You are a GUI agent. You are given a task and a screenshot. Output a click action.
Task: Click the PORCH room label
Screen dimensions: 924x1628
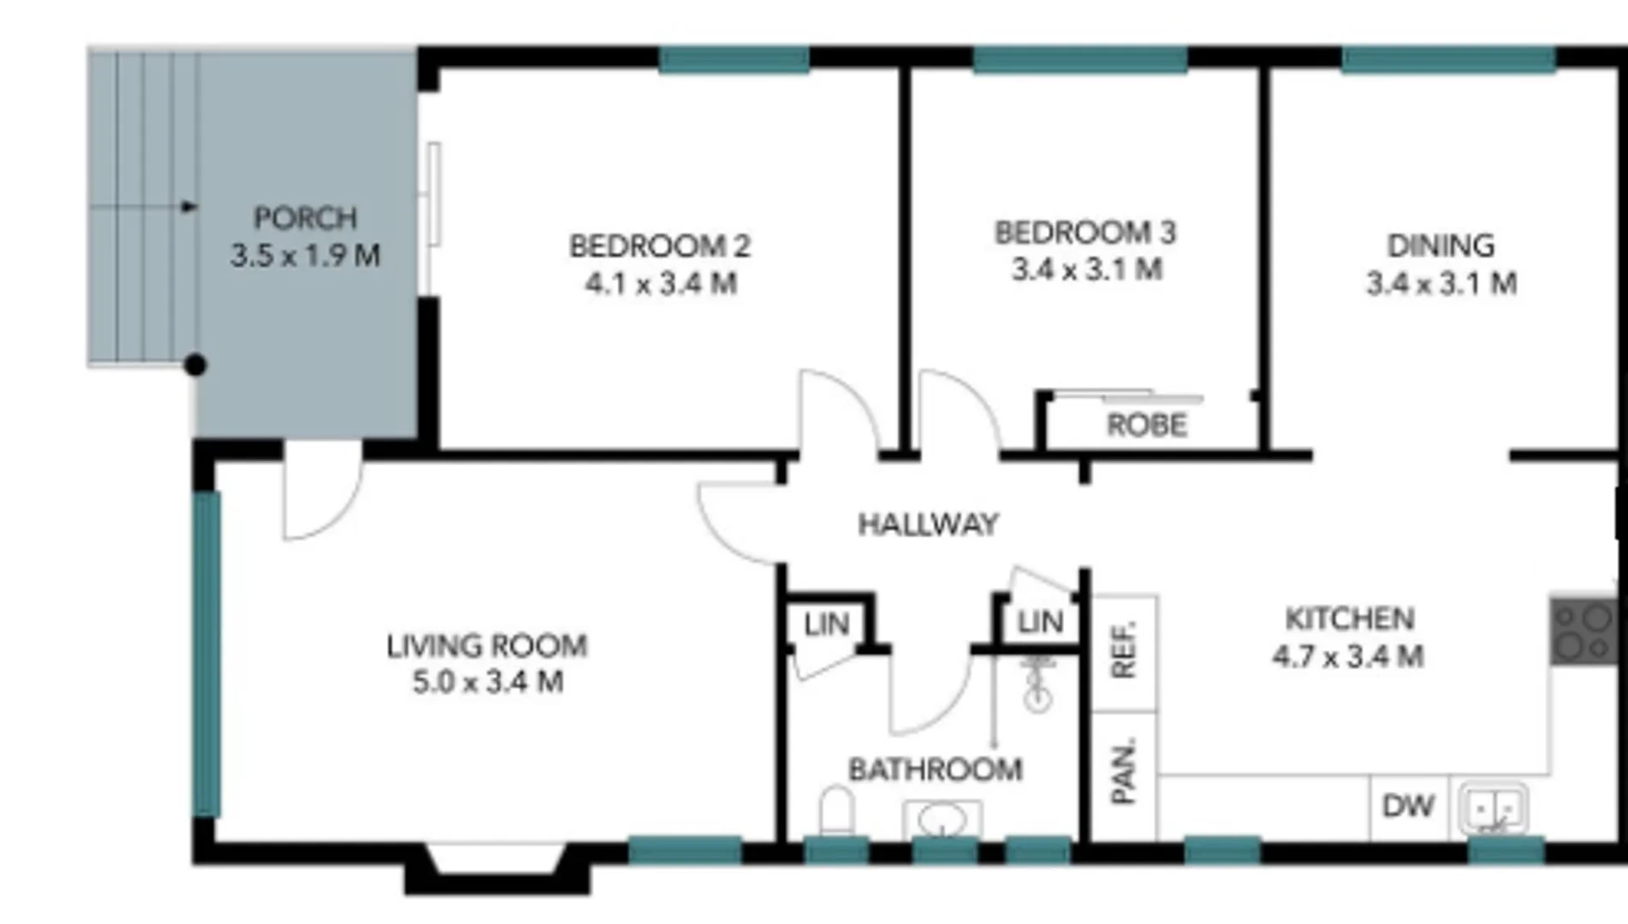305,218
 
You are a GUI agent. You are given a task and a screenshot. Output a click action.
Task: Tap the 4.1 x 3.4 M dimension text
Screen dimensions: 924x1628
661,283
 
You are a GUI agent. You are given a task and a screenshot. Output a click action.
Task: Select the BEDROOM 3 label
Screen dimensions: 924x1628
1084,233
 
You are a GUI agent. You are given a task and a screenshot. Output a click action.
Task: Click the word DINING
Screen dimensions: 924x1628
1441,246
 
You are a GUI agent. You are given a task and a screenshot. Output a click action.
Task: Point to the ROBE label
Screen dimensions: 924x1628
1147,425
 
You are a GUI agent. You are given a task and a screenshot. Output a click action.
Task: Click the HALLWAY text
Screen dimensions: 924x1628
929,524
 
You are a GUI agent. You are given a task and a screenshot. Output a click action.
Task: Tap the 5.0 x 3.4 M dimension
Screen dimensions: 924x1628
488,683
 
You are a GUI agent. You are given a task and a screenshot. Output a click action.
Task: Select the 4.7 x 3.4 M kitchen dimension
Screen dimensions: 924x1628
1348,657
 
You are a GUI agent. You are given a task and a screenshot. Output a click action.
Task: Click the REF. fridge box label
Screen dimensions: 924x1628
1124,651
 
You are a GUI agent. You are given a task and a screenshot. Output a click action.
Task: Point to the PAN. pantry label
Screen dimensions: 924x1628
1124,771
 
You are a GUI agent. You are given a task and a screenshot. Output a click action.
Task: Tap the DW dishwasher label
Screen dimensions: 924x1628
1408,806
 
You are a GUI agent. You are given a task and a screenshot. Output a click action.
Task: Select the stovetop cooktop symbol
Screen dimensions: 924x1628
1583,631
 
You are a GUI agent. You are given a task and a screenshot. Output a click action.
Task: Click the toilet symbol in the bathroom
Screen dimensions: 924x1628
837,809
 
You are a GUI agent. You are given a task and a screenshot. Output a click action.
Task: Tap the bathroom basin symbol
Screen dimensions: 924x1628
942,819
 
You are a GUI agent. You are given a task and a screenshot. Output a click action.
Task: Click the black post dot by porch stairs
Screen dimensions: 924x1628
195,365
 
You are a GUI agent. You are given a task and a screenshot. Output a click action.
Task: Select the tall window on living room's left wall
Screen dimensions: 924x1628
206,654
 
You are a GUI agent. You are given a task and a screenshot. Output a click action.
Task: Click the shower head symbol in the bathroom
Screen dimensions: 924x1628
1037,684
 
